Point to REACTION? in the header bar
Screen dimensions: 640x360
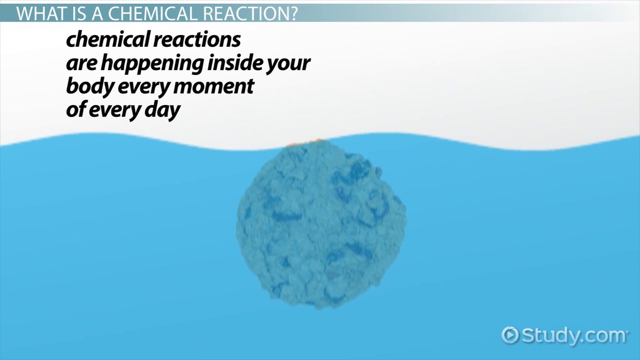(x=250, y=14)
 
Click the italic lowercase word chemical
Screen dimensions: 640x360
(x=108, y=39)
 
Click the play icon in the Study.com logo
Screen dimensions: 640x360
(x=510, y=335)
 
